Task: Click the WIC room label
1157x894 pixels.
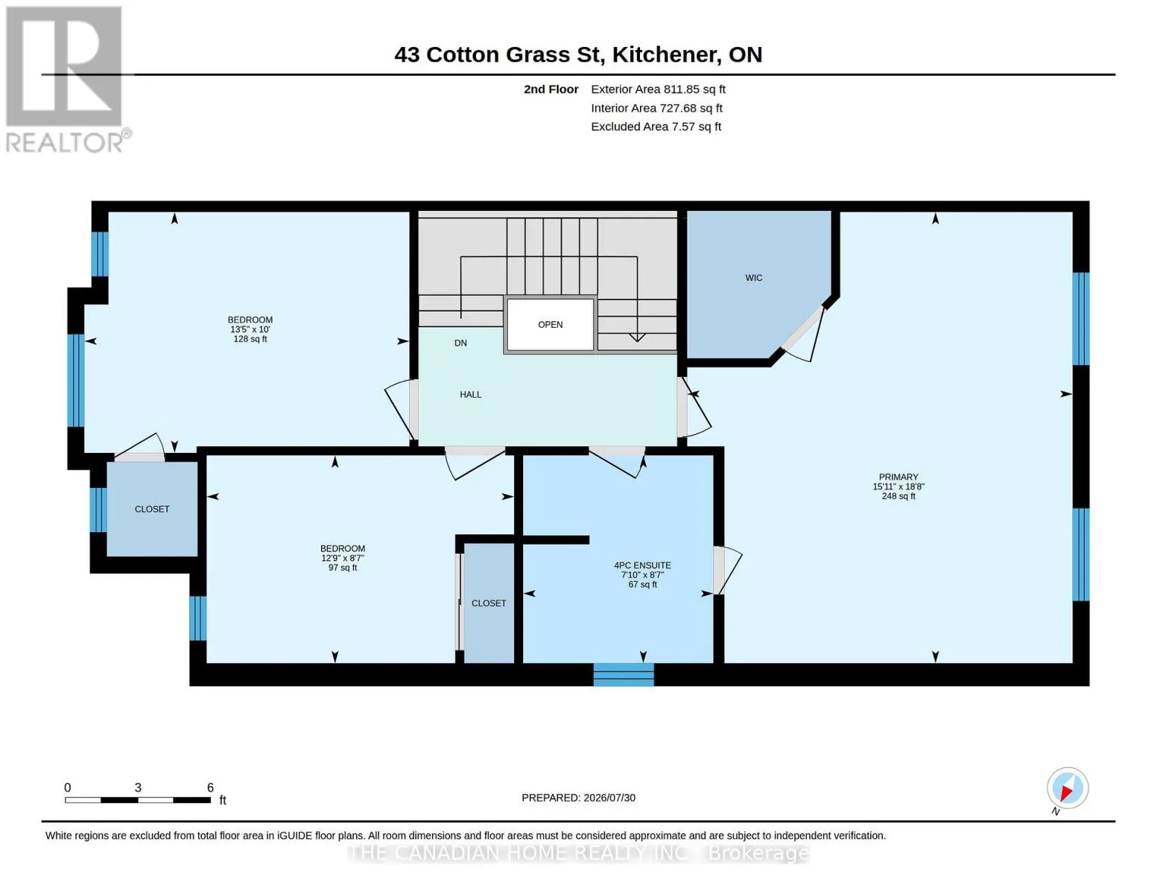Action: tap(753, 278)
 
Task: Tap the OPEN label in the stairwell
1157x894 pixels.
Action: tap(550, 325)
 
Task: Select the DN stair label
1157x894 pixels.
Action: tap(460, 343)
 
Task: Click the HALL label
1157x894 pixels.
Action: tap(470, 395)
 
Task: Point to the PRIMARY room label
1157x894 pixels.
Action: tap(898, 477)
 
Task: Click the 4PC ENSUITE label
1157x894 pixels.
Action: tap(642, 565)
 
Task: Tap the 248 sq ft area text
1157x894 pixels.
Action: tap(898, 496)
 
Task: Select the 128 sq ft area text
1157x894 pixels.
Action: tap(250, 339)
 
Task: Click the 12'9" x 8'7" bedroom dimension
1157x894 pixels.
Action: tap(343, 558)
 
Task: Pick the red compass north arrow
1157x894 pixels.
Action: tap(1067, 793)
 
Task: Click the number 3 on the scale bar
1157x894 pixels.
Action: tap(137, 787)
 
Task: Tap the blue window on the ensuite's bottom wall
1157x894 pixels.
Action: tap(624, 675)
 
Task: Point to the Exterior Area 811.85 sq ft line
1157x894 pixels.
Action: tap(658, 89)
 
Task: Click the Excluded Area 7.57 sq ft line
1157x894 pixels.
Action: tap(656, 127)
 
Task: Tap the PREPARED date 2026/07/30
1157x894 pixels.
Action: tap(578, 798)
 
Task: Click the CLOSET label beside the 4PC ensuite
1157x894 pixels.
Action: tap(488, 603)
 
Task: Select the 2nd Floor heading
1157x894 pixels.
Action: tap(551, 89)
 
